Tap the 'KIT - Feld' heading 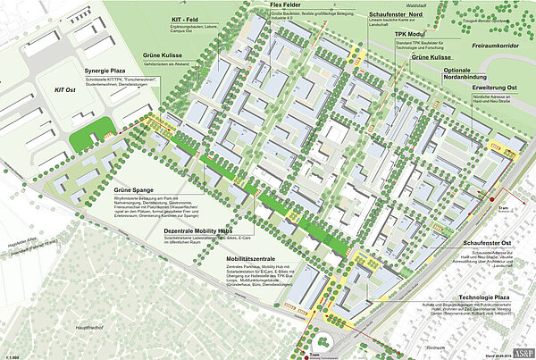(x=185, y=19)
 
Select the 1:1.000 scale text (x=12, y=354)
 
